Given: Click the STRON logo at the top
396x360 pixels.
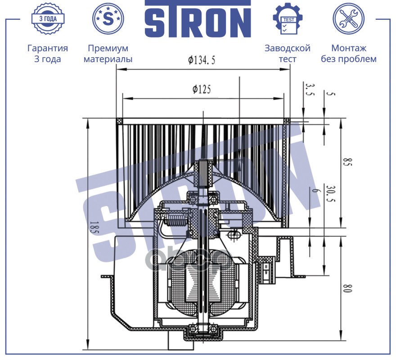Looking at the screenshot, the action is [198, 19].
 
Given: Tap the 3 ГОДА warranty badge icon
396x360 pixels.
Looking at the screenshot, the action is [48, 19].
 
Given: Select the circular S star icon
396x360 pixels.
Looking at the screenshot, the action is [108, 19].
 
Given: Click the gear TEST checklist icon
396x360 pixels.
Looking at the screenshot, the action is [288, 18].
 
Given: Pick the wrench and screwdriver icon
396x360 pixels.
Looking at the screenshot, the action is [348, 19].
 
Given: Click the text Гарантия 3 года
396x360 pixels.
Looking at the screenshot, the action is [48, 54].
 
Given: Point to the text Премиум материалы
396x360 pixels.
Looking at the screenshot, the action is [108, 54].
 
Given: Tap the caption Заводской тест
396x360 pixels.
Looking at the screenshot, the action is [288, 54].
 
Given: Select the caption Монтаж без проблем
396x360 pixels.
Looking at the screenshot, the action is [348, 54].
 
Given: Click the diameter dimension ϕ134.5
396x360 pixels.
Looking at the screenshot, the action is [202, 60].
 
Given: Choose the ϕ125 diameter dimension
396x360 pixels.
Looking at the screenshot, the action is [202, 89].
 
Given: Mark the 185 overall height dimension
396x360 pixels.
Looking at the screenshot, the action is [94, 228].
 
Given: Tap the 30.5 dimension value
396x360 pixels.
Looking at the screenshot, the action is [331, 194].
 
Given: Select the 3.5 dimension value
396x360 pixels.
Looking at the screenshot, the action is [310, 89].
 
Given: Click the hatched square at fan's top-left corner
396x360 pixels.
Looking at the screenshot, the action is [119, 121].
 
